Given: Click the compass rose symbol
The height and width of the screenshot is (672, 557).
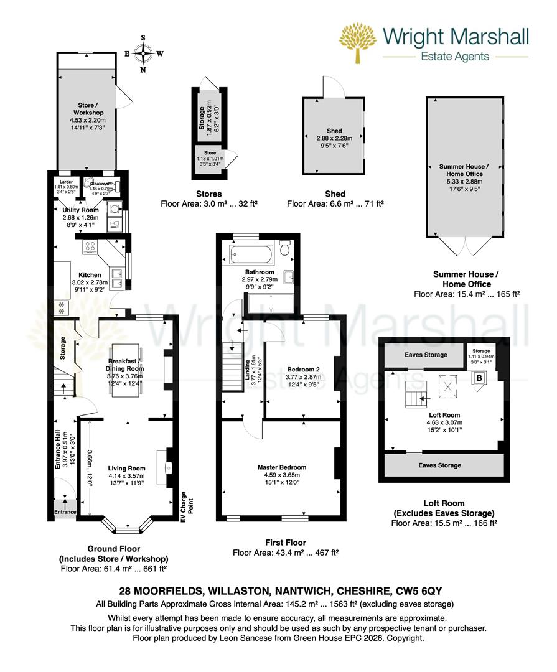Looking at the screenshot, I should coord(144,54).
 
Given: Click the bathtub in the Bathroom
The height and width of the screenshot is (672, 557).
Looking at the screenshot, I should coord(251,254).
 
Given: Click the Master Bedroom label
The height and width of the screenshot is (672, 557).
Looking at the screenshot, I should coord(282,467).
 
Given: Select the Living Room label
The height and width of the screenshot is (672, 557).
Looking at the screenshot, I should coord(126,469).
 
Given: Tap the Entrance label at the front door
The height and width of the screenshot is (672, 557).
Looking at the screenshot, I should coord(65,512).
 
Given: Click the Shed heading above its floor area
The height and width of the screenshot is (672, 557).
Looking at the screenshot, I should coord(335,194).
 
